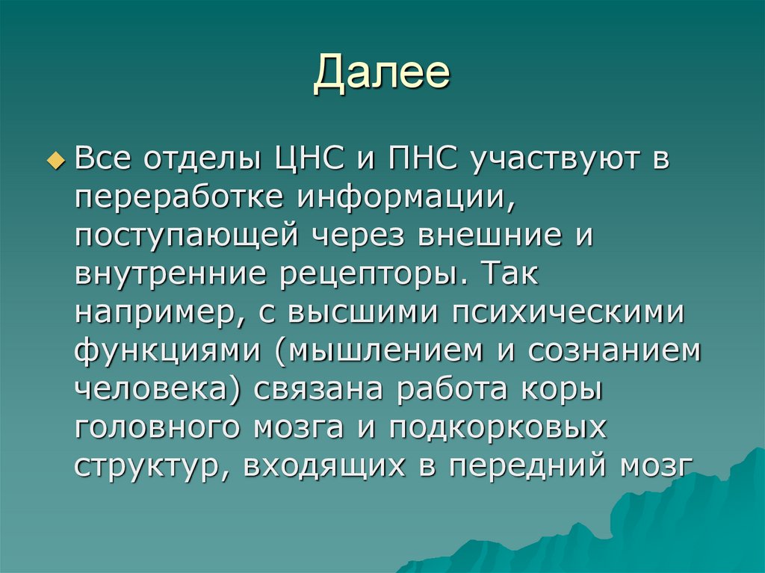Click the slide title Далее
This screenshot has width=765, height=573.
click(382, 75)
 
